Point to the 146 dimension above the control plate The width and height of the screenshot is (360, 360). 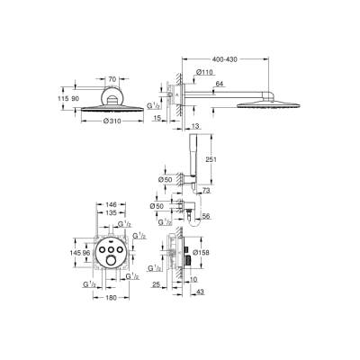pos(110,204)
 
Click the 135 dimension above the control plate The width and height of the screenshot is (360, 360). pos(110,215)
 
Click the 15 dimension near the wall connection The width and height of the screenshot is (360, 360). pos(157,118)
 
